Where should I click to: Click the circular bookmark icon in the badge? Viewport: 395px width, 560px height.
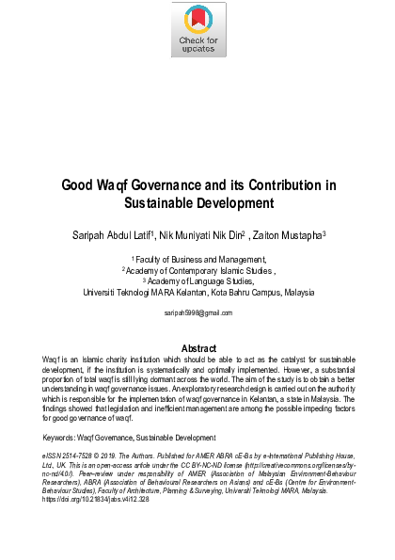pos(198,20)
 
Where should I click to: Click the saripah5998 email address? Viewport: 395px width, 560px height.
pos(197,310)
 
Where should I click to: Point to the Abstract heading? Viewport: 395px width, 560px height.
pos(198,347)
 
